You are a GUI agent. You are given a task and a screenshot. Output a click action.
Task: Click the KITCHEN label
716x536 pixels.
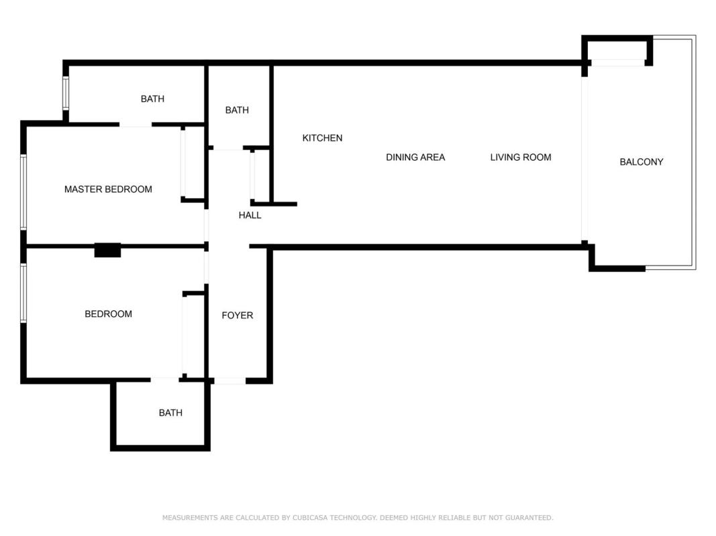pos(322,138)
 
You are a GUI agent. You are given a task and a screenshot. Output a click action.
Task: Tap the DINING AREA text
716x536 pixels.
pos(415,157)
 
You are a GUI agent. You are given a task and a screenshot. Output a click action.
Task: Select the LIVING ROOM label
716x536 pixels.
pos(521,157)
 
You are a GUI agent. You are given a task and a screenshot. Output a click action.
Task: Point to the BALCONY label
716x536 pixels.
pos(641,161)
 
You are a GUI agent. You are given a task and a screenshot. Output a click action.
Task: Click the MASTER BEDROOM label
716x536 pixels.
pos(108,189)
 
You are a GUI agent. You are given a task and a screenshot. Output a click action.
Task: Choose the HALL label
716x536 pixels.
pos(250,215)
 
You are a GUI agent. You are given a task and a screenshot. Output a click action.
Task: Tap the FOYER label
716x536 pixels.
pos(237,316)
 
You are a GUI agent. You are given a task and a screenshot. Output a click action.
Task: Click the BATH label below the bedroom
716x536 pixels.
pos(170,413)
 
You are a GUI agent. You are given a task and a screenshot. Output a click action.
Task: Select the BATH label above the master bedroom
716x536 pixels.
pos(152,99)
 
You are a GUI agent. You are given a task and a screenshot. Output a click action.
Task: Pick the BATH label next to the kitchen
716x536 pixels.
pos(237,111)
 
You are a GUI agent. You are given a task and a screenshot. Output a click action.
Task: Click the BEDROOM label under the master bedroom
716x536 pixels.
pos(108,314)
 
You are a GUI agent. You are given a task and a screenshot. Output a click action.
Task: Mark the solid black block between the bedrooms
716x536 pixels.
pos(108,250)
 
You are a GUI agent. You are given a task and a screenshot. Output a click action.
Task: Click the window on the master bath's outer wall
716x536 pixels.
pos(66,93)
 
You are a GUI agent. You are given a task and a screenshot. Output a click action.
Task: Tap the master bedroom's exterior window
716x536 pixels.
pos(23,192)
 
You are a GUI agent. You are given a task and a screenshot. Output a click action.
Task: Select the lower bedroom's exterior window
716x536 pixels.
pos(23,293)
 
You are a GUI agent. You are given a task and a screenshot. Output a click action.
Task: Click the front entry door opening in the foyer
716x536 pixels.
pos(229,381)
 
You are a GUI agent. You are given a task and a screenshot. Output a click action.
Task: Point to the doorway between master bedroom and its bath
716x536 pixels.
pos(136,125)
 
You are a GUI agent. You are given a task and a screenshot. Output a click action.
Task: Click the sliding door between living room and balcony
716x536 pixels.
pos(584,159)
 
